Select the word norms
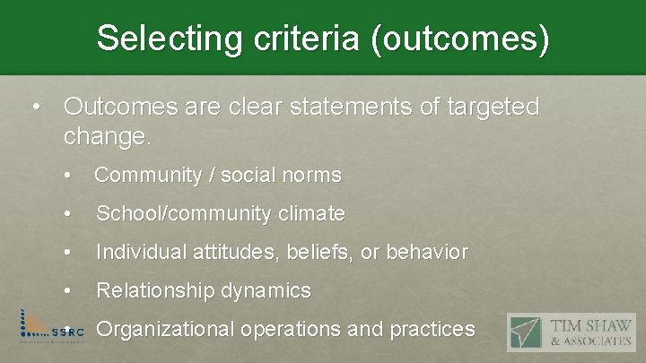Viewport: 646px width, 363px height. [311, 176]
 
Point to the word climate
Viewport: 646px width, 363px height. [310, 214]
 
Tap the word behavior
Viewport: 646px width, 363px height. [428, 253]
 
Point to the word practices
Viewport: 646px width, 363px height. [432, 330]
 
